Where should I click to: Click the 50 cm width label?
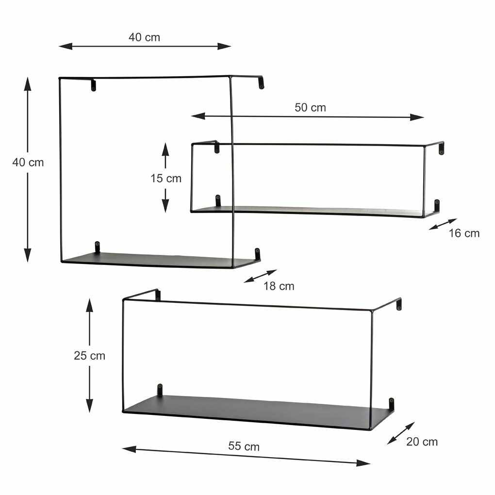tap(310, 107)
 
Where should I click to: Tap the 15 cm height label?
tap(166, 179)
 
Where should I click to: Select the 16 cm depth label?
tap(464, 233)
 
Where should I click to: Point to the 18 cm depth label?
tap(279, 286)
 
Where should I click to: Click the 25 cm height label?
tap(89, 356)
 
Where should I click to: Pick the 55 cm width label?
tap(244, 446)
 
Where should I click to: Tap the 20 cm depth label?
tap(422, 442)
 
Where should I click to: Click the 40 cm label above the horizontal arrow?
tap(144, 37)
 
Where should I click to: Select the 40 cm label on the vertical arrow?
tap(28, 162)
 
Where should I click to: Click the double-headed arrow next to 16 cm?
tap(443, 224)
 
